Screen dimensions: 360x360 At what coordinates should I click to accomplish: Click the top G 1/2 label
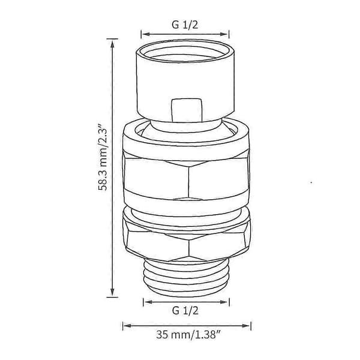point(185,25)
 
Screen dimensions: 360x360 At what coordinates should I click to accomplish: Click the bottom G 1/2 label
point(185,311)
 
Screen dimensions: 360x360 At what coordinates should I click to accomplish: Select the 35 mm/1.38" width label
point(186,334)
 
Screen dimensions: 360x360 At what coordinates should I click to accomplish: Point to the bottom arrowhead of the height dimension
point(112,292)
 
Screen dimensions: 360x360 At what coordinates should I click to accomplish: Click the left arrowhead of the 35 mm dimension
point(127,326)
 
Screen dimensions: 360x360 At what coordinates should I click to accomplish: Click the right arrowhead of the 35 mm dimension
point(246,326)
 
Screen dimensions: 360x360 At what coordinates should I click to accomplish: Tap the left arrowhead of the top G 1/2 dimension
point(146,34)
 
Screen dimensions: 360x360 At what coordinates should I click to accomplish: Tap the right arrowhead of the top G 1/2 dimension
point(224,34)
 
